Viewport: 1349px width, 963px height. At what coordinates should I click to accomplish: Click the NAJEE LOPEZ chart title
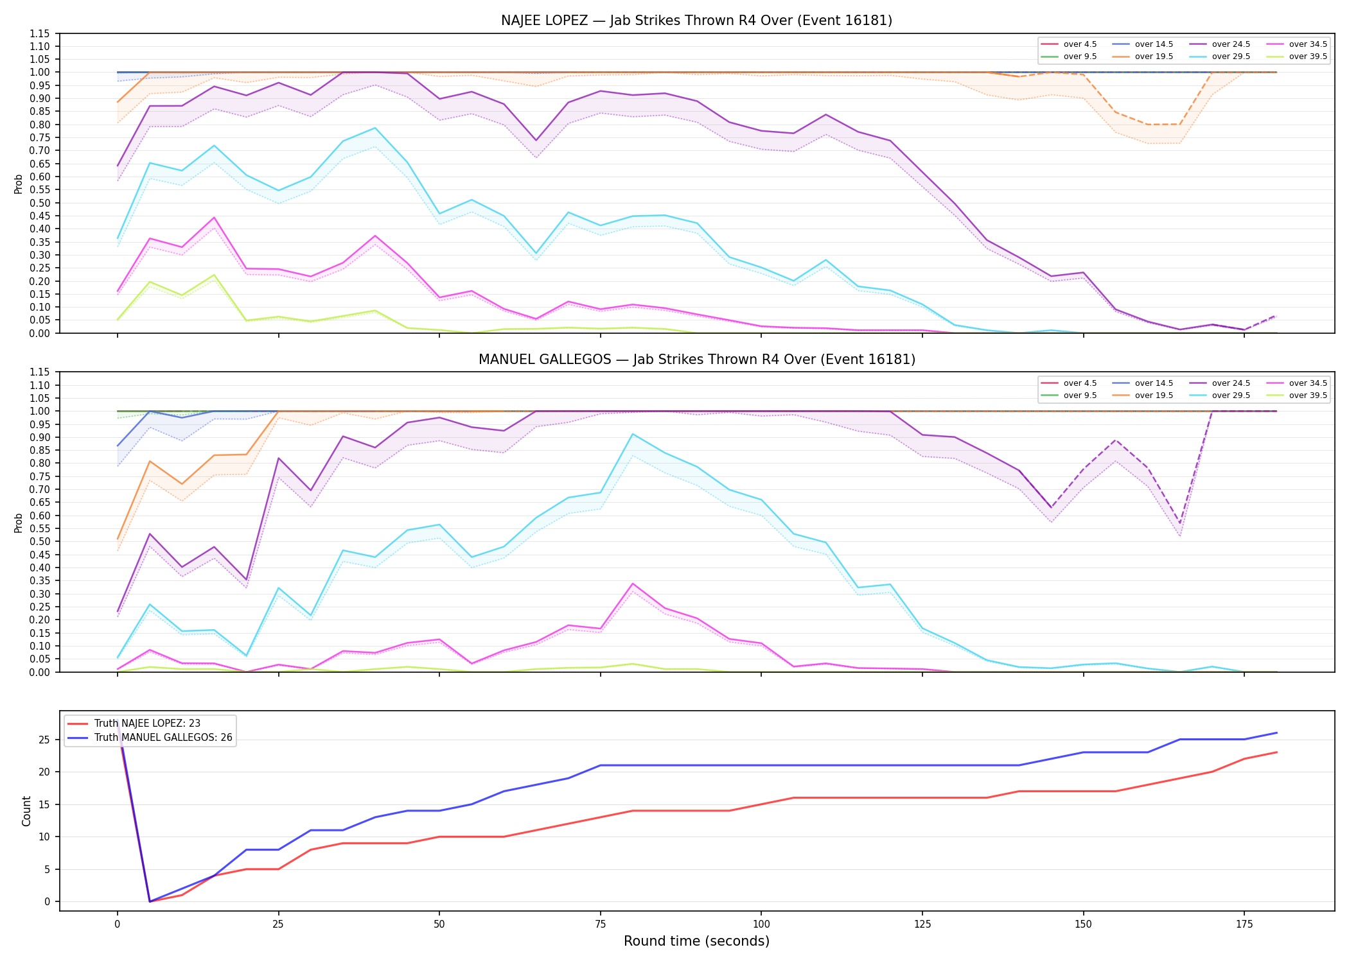[696, 21]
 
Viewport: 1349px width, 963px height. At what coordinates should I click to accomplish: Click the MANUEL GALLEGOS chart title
[696, 360]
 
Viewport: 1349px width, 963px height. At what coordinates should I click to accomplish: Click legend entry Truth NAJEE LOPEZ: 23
[147, 724]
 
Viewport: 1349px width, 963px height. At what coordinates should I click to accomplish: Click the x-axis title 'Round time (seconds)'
[696, 941]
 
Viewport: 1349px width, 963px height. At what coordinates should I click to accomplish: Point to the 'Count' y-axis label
[26, 811]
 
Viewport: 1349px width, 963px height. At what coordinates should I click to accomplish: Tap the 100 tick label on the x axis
[761, 924]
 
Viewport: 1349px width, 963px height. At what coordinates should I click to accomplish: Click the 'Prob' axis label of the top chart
[19, 184]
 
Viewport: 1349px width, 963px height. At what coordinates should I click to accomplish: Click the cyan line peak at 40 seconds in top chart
[375, 128]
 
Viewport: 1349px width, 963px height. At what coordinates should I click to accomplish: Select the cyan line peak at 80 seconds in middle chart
[633, 434]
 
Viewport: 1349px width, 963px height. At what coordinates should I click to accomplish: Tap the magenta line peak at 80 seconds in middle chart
[633, 584]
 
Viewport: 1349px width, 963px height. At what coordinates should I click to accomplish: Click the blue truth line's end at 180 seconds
[1276, 733]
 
